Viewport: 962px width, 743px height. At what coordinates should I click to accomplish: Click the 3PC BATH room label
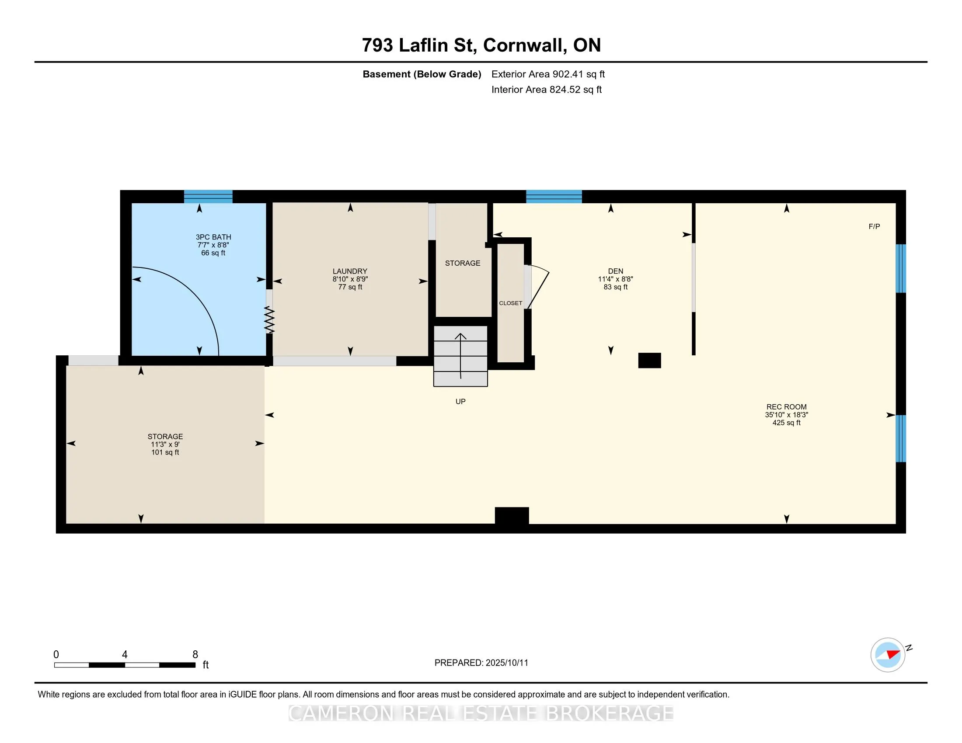(x=214, y=237)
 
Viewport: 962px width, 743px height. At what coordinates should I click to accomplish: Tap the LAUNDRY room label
(x=350, y=271)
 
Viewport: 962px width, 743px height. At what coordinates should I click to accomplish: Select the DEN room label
(x=615, y=271)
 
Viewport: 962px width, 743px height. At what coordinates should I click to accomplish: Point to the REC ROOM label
(x=787, y=407)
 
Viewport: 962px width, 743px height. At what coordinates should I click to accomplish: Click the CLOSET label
(x=510, y=303)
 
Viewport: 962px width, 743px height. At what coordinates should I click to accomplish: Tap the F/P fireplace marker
(x=875, y=227)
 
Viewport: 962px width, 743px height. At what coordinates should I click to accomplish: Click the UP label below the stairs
(x=460, y=401)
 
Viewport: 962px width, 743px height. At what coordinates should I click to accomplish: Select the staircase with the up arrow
(x=461, y=356)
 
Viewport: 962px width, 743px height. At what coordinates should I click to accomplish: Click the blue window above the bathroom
(x=208, y=196)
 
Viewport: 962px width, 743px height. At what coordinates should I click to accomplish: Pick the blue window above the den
(x=554, y=196)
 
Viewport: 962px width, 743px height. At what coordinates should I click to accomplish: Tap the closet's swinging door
(x=538, y=287)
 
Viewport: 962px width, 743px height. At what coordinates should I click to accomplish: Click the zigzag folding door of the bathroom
(x=269, y=319)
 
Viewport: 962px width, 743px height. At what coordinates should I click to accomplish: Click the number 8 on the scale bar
(x=195, y=655)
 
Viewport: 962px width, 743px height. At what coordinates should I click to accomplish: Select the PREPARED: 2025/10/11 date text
(x=481, y=663)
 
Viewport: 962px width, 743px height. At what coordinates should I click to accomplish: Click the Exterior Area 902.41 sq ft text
(x=548, y=74)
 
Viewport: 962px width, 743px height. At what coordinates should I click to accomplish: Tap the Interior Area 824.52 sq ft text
(x=546, y=89)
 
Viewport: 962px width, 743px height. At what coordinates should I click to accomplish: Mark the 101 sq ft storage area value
(x=165, y=452)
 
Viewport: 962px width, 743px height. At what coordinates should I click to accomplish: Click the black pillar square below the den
(x=650, y=361)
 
